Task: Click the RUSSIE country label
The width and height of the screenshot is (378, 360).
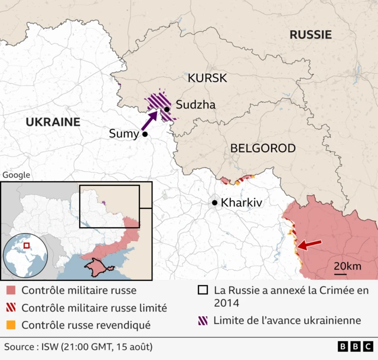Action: [309, 35]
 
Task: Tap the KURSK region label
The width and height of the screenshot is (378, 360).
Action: [207, 78]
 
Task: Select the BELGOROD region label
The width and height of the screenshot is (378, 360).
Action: [263, 148]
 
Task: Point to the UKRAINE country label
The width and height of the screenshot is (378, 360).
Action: [53, 122]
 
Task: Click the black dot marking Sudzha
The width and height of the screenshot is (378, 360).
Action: [167, 109]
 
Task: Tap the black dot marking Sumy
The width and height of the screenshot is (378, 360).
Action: [144, 135]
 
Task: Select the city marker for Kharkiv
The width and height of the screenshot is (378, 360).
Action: [214, 202]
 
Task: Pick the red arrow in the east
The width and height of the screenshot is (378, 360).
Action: [309, 244]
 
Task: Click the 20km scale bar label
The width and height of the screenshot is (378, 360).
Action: [347, 266]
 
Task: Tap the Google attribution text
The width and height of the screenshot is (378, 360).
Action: [16, 175]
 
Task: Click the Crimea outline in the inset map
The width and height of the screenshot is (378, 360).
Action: [97, 267]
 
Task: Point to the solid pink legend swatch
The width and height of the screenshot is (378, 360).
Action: [11, 290]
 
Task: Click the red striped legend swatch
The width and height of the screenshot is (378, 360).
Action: [11, 307]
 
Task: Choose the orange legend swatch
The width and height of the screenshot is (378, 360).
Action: [11, 325]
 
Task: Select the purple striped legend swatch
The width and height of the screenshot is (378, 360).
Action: [203, 320]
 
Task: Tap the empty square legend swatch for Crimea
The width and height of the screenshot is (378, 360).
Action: [203, 290]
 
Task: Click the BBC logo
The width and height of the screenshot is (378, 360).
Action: [355, 346]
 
